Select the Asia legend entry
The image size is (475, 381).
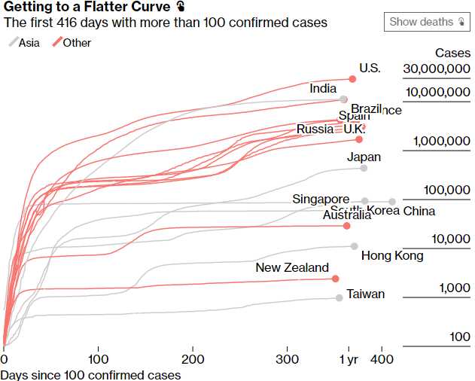tap(25, 43)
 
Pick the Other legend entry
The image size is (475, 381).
tap(72, 43)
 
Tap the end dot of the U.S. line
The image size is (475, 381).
tap(352, 78)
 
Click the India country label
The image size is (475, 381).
tap(323, 89)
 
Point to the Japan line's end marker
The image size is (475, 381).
tap(364, 168)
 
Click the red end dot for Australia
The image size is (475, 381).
tap(346, 226)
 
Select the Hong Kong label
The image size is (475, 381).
tap(392, 256)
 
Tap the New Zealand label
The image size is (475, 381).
tap(292, 267)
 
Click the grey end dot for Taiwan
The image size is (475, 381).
tap(340, 298)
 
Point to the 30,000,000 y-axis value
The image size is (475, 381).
tap(437, 69)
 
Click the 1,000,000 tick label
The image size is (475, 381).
tap(443, 141)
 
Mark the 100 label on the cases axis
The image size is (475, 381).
tap(460, 337)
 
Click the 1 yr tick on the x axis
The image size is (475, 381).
tap(349, 360)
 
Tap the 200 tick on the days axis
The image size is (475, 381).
tap(193, 360)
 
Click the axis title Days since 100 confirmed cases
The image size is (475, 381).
tap(90, 374)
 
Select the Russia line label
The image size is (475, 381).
tap(315, 130)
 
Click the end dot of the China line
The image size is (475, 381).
tap(391, 201)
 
